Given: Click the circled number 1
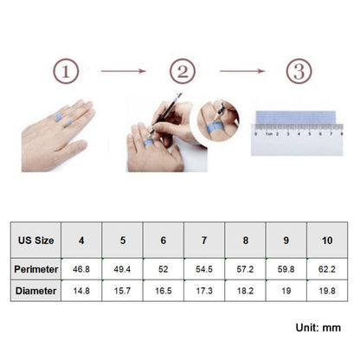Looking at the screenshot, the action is click(66, 71).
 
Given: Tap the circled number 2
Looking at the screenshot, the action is click(183, 71).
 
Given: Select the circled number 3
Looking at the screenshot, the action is click(299, 71).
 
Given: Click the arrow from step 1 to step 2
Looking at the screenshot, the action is click(124, 71).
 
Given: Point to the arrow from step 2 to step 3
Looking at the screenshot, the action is click(242, 71).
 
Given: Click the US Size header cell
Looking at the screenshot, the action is click(35, 240).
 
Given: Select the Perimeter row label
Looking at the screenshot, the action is click(35, 269).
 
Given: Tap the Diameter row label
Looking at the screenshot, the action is click(35, 291).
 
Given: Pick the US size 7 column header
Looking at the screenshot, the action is click(204, 240).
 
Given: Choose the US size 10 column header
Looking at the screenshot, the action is click(327, 240).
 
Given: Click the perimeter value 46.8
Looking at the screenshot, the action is click(81, 269).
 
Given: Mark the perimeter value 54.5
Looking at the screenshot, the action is click(204, 269).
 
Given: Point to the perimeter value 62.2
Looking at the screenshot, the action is click(327, 269).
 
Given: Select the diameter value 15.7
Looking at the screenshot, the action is click(122, 291).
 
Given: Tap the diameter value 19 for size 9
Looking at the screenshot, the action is click(286, 291).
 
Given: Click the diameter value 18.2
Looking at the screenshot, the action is click(245, 291).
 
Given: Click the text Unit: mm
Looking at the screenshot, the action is click(318, 328).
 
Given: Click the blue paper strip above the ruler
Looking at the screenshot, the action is click(296, 118).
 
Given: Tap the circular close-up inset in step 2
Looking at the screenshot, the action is click(218, 120).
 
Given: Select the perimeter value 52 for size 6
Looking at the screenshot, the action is click(164, 269).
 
